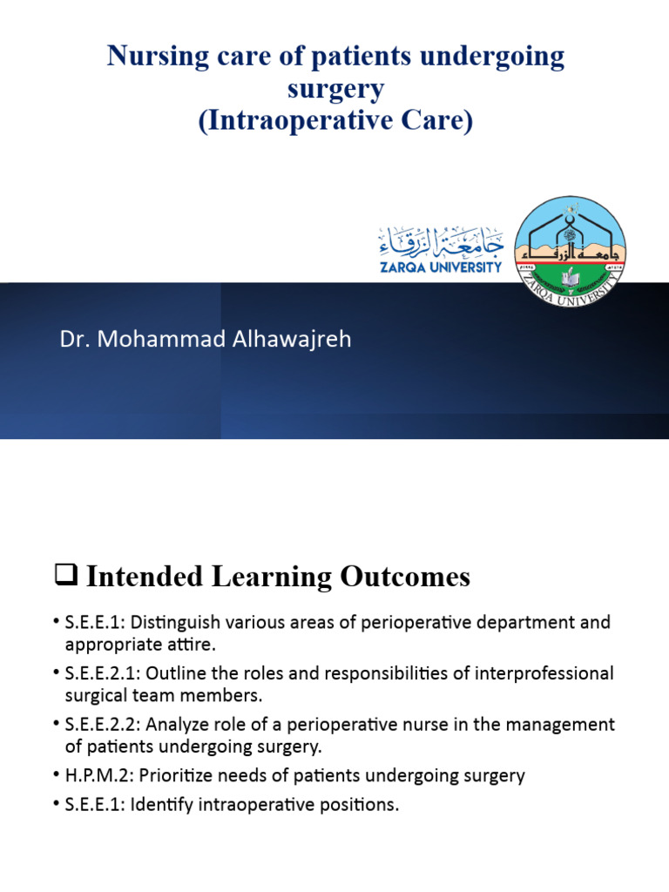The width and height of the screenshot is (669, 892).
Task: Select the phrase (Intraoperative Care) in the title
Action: (334, 120)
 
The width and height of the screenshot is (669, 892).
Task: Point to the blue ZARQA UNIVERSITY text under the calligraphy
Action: (440, 267)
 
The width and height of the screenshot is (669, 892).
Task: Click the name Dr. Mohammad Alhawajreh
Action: (206, 339)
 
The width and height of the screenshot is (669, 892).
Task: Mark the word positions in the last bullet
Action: (359, 805)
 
